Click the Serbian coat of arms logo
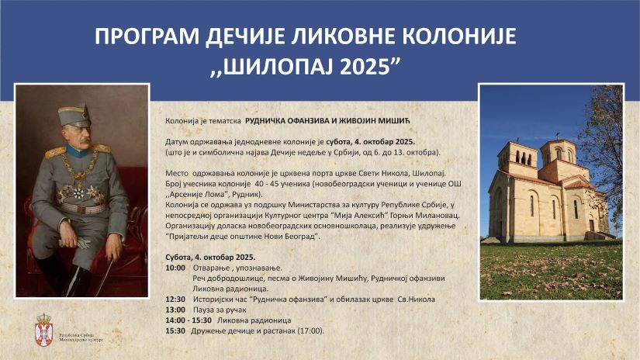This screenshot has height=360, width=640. coord(44,329)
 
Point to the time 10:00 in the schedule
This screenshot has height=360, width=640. coord(175,266)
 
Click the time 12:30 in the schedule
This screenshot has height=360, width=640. coord(175,299)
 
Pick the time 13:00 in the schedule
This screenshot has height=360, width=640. coord(175,309)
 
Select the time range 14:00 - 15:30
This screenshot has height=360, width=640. coord(189,320)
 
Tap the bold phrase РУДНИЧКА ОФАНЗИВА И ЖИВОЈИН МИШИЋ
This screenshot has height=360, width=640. coord(331,123)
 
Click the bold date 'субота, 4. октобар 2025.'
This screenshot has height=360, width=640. coord(367,143)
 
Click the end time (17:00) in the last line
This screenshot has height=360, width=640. coord(310,331)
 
